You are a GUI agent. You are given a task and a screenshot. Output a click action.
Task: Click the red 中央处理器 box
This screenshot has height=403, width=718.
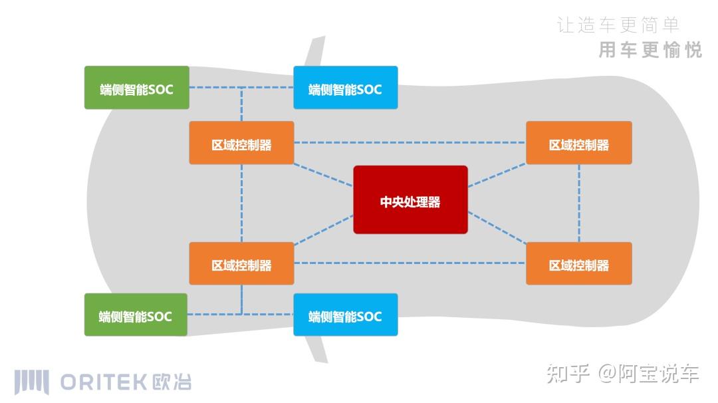point(410,200)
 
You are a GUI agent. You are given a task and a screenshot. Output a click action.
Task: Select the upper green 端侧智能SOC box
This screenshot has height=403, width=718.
point(137,88)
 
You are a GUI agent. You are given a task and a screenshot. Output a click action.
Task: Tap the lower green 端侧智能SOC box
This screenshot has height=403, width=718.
point(136,315)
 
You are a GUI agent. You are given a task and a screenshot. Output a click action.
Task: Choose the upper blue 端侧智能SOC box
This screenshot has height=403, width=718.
point(346,88)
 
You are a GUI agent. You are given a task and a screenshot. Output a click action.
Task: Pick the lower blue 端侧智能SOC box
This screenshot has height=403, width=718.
point(346,315)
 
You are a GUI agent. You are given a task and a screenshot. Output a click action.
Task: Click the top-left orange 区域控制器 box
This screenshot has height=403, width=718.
point(241,143)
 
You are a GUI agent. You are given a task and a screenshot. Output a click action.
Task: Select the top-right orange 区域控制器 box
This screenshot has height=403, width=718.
point(578,143)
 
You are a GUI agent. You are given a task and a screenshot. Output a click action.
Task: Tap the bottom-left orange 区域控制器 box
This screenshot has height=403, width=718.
point(241,264)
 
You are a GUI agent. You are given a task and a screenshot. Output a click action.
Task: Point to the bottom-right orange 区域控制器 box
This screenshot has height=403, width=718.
point(578,264)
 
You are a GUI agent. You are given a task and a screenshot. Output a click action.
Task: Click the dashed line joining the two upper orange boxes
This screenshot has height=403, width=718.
point(410,142)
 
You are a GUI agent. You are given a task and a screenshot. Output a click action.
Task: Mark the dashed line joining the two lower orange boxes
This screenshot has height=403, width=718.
point(410,263)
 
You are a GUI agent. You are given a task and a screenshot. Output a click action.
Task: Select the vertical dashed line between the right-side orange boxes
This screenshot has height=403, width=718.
point(579,203)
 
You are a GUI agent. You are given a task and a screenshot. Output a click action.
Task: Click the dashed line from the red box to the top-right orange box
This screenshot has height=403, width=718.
point(497,176)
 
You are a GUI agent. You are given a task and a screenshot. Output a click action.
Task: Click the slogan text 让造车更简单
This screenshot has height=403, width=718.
point(618,25)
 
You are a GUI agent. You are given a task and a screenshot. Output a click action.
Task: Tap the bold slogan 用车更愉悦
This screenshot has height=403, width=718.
point(650,50)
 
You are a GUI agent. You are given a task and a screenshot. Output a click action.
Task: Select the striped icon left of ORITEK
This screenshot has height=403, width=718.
point(32,382)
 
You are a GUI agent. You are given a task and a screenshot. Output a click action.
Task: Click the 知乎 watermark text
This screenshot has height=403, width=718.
point(568,374)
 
